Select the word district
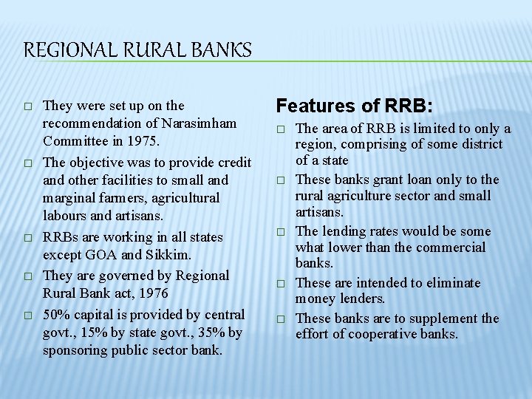pyautogui.click(x=480, y=144)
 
